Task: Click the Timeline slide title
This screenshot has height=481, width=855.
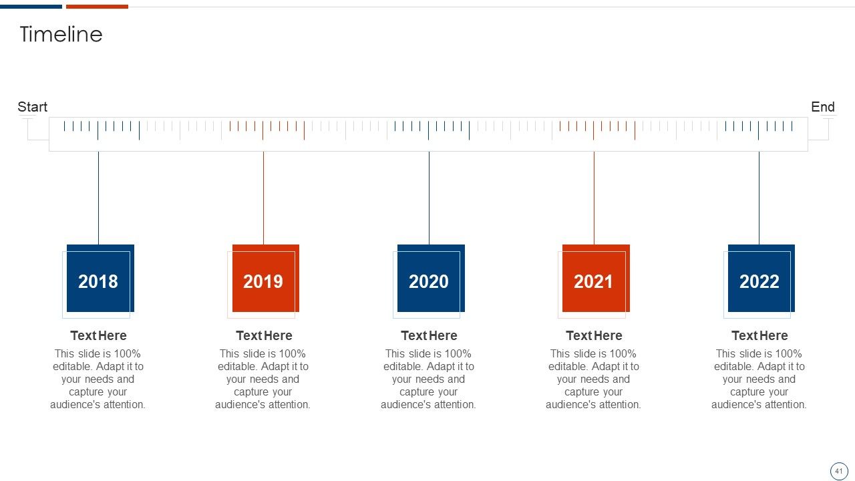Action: tap(61, 34)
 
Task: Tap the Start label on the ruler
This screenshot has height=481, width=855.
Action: tap(33, 107)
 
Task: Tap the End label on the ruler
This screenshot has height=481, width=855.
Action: tap(822, 107)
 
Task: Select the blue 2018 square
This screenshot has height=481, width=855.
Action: tap(100, 279)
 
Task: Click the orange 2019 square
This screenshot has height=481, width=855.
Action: tap(266, 279)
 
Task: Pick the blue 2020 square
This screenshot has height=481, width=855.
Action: tap(431, 279)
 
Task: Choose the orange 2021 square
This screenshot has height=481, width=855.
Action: tap(596, 279)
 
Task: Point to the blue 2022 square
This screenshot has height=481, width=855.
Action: tap(761, 279)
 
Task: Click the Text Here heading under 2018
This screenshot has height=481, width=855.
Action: tap(98, 335)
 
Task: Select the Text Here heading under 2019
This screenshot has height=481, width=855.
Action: tap(264, 335)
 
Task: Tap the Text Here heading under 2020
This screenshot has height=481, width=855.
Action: tap(429, 335)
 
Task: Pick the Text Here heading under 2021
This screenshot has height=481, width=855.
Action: tap(594, 335)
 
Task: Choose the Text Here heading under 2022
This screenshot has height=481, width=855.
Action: tap(759, 335)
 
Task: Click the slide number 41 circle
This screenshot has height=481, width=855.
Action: tap(838, 471)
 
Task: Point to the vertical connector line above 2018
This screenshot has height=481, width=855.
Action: tap(98, 198)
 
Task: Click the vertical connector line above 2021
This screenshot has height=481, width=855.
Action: tap(594, 198)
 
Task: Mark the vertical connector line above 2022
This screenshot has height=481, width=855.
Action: tap(759, 198)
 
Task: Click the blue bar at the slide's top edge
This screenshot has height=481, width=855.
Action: tap(31, 7)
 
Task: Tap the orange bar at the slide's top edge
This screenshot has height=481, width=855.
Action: tap(97, 7)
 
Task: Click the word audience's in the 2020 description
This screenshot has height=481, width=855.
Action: tap(403, 405)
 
